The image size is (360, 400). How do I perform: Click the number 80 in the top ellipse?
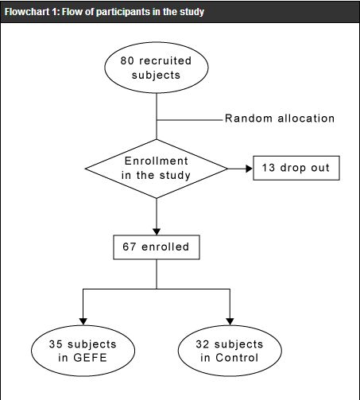click(x=127, y=60)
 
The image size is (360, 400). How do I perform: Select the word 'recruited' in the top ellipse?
click(x=165, y=60)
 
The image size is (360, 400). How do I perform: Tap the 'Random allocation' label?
click(x=280, y=118)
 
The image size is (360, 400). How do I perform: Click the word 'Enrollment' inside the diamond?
click(x=157, y=161)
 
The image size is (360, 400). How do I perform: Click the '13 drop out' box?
click(x=296, y=168)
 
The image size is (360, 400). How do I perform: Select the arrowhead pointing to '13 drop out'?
click(x=249, y=169)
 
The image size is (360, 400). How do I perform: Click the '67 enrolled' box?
click(x=157, y=247)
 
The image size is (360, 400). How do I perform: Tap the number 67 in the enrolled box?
click(x=130, y=247)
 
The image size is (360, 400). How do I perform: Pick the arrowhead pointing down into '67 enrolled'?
click(x=157, y=231)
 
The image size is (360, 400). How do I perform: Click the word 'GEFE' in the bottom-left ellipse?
click(x=90, y=358)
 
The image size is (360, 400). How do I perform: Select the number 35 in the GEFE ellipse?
click(x=56, y=344)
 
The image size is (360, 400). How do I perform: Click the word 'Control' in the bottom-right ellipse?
click(x=237, y=358)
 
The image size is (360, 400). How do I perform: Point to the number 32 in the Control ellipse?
click(x=203, y=344)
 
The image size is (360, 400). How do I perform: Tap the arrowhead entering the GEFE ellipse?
click(x=83, y=321)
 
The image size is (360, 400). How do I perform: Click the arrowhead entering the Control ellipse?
click(x=230, y=321)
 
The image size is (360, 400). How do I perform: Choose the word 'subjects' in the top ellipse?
click(x=156, y=76)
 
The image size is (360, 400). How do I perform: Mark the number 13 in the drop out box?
click(x=269, y=168)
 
